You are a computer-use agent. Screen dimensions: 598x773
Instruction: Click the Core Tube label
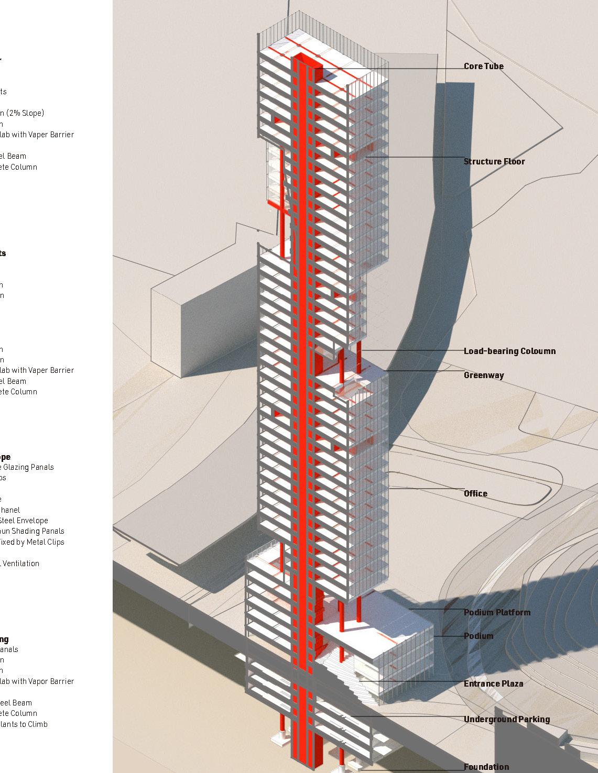tap(483, 67)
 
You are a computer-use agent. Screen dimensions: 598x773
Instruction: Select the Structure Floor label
tap(494, 161)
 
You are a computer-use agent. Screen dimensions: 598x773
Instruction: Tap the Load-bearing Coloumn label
tap(509, 351)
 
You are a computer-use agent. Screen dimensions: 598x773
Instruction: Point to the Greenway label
tap(484, 375)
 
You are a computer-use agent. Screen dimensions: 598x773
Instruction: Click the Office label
tap(475, 493)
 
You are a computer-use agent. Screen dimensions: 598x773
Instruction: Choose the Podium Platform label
tap(497, 612)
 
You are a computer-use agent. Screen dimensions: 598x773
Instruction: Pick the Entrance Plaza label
tap(493, 683)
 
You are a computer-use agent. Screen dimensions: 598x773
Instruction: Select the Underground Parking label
tap(506, 720)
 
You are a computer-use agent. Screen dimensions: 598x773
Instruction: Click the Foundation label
tap(486, 767)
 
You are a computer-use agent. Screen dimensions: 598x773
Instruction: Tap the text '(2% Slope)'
tap(25, 113)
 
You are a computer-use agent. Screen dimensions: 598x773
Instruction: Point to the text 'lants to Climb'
tap(24, 724)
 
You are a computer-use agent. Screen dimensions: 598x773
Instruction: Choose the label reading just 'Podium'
tap(478, 636)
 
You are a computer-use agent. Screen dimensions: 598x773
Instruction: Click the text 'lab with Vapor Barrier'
tap(37, 681)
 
